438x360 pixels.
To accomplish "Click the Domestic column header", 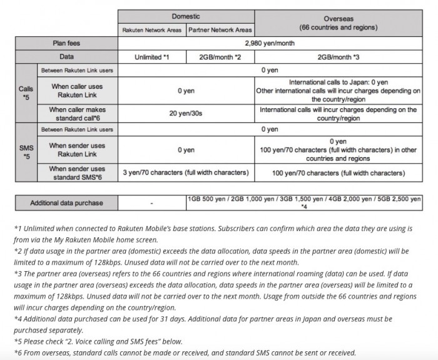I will pos(186,16).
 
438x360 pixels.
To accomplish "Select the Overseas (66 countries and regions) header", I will pos(338,23).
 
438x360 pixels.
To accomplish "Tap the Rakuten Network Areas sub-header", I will pos(151,30).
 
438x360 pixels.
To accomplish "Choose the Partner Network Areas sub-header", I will pos(220,30).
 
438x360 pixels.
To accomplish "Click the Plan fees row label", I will pos(67,44).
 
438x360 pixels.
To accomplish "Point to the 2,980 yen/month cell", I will pos(270,44).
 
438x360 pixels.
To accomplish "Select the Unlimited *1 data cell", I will pos(151,57).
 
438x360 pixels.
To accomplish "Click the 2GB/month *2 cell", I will pos(220,57).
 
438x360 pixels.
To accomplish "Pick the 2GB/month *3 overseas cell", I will pos(338,57).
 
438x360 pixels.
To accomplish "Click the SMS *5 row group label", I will pos(26,151).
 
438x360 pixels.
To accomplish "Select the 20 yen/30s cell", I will pos(186,113).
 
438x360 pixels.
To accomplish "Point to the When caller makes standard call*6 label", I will pos(78,113).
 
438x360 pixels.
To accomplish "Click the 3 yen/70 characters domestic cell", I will pos(186,172).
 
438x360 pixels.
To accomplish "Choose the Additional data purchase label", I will pos(67,203).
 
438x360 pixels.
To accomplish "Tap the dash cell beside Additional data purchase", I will pos(151,203).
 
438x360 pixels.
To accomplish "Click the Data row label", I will pos(67,57).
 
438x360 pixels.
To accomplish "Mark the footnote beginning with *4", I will pos(219,324).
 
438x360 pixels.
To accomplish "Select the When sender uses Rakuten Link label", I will pos(78,150).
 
